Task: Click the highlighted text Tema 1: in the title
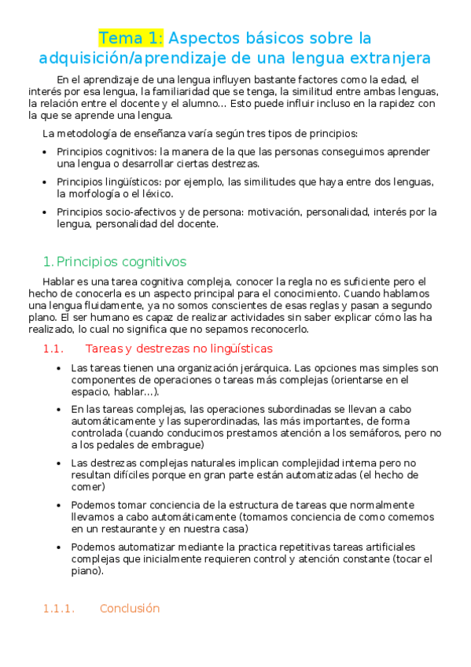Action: coord(131,38)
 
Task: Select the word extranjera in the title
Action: coord(385,58)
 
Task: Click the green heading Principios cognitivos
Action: coord(121,261)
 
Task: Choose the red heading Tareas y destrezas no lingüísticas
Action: coord(179,348)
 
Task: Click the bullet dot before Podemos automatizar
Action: coord(61,547)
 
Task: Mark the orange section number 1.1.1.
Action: coord(58,608)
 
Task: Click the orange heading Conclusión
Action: coord(130,608)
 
